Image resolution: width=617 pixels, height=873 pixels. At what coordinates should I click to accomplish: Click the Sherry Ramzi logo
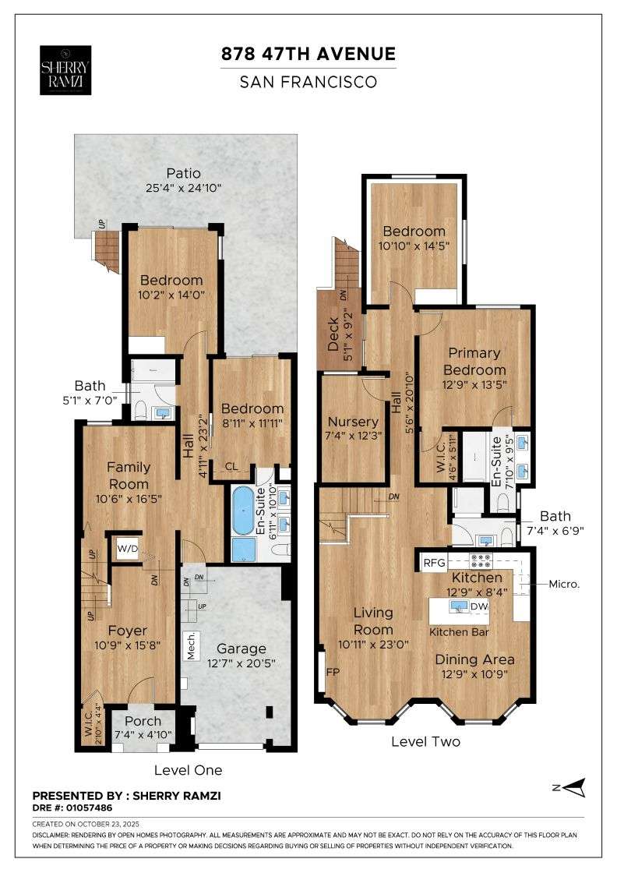65,69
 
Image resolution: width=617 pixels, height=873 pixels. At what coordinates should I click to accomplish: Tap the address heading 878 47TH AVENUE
308,54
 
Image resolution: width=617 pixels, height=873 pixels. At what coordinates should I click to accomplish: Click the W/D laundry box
126,548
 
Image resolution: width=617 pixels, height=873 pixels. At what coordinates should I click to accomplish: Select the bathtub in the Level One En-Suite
243,512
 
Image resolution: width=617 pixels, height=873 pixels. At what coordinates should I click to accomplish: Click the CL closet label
231,467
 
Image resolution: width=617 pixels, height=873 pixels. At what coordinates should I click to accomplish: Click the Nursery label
353,422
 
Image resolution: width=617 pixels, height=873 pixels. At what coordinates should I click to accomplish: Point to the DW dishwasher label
480,606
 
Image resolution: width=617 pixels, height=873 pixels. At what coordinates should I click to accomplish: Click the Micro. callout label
565,583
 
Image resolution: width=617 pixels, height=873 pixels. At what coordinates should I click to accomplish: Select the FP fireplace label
333,671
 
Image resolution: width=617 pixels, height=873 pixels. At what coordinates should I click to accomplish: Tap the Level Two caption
425,741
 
